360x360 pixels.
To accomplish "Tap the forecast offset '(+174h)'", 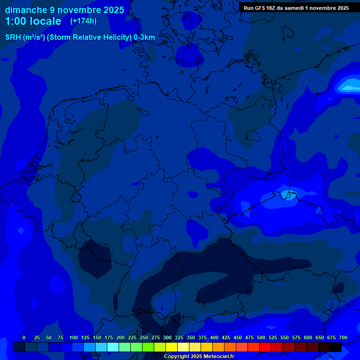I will tap(83, 21).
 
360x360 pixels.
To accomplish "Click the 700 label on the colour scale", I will tap(343, 337).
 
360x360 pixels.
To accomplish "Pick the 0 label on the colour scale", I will tap(24, 337).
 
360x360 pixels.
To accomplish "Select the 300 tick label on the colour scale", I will tap(167, 337).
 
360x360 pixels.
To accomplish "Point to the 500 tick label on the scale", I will tap(261, 337).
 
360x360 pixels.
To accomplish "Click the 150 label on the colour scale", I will tap(97, 337).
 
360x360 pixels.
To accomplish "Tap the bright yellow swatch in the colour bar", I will tap(172, 347).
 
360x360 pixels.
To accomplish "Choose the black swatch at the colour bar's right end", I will tap(336, 347).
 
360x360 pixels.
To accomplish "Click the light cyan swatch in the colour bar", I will tap(113, 347).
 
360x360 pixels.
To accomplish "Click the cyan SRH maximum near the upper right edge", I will tap(349, 86).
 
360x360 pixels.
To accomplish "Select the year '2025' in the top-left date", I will tap(112, 10).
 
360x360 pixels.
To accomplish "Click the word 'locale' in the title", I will tap(45, 22).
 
